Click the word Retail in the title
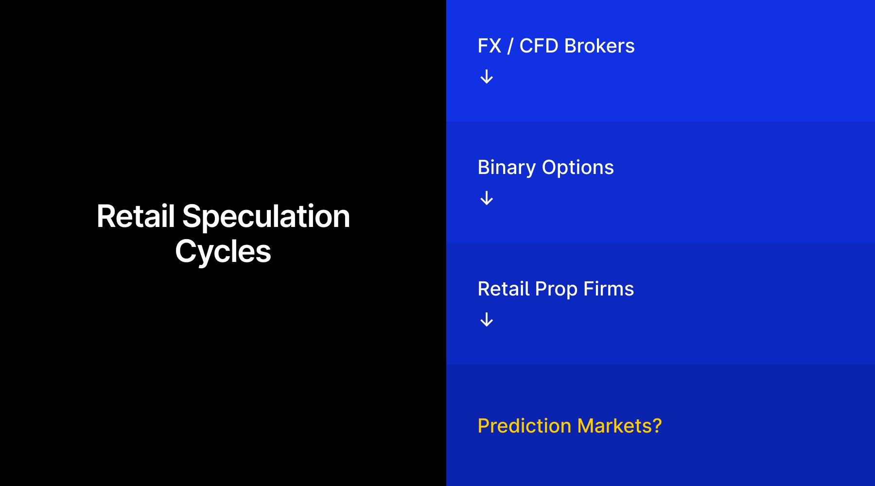(136, 216)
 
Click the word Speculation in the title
(266, 216)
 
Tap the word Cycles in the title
(223, 252)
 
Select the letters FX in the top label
(489, 46)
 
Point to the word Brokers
(599, 46)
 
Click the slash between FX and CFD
(510, 47)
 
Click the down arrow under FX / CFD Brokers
(487, 77)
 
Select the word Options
(578, 168)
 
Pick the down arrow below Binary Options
(487, 198)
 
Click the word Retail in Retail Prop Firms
(504, 289)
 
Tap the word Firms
(609, 289)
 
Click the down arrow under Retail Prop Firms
(487, 320)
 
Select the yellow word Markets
(614, 426)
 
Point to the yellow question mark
(657, 426)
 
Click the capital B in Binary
(483, 168)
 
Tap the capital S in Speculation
(191, 216)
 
